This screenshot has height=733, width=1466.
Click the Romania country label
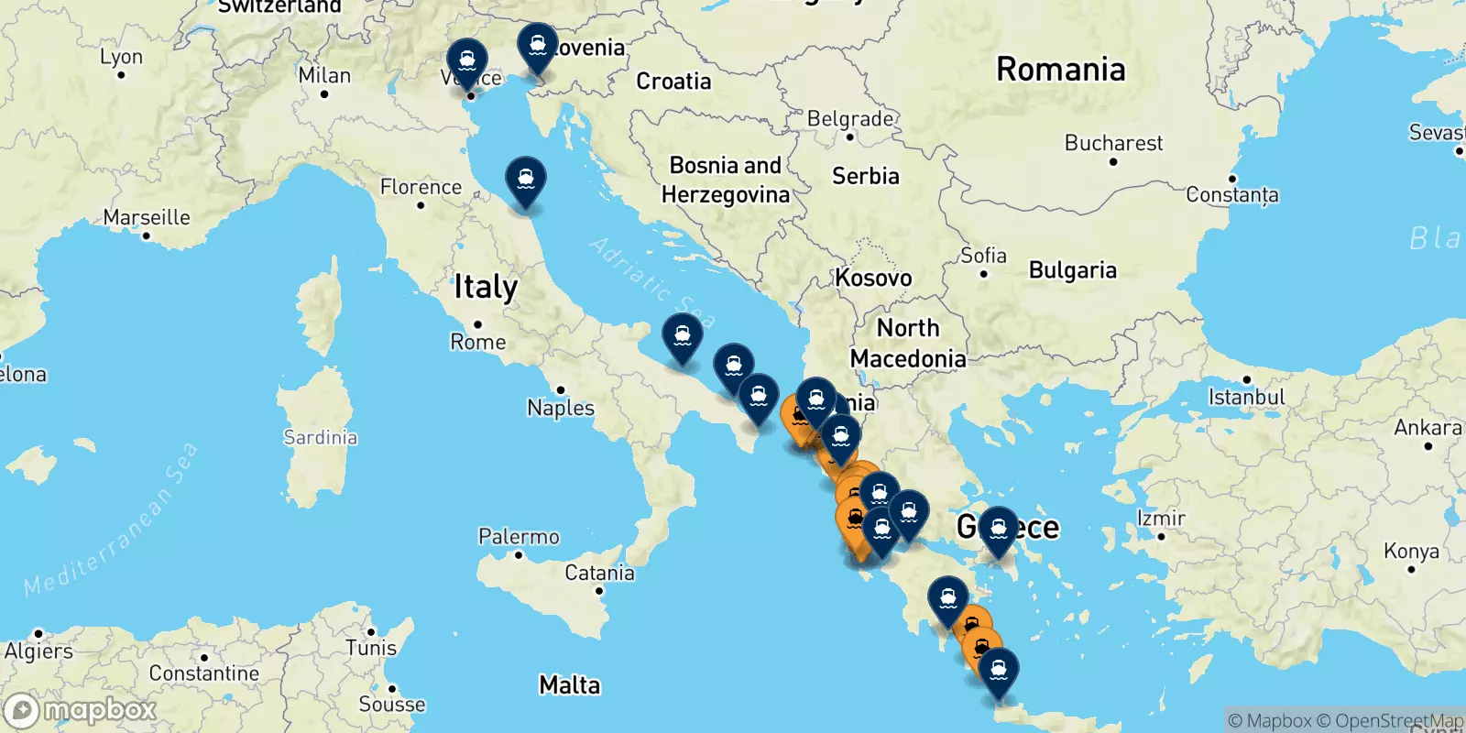1060,70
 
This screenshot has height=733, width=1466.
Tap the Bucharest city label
1113,144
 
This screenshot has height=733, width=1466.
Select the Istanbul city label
1246,397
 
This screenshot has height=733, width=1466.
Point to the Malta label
569,685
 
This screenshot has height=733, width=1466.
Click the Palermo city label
519,537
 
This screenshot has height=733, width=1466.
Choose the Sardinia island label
320,437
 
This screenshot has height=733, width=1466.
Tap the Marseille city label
147,218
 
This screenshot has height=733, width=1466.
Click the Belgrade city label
849,119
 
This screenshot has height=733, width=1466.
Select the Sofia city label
983,257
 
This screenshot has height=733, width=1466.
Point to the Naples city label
561,408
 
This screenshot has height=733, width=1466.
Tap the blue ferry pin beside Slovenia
537,46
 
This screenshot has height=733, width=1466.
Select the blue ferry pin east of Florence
526,180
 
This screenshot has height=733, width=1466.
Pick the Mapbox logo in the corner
81,710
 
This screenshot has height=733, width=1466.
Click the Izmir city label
1161,520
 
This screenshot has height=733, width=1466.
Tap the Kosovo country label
873,278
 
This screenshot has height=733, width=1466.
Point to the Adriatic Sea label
651,280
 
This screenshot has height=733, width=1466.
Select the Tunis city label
371,648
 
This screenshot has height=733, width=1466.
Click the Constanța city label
1231,195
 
